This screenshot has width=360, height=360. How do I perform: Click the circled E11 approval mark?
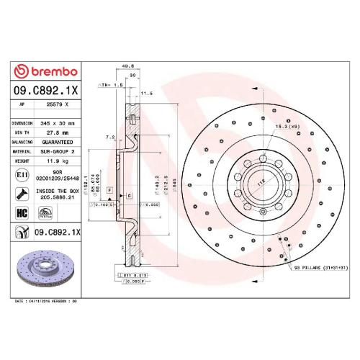click(22, 175)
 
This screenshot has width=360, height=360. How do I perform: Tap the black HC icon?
click(22, 213)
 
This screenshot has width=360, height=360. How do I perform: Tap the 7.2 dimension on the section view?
click(109, 136)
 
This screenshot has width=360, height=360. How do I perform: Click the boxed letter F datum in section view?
click(109, 189)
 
